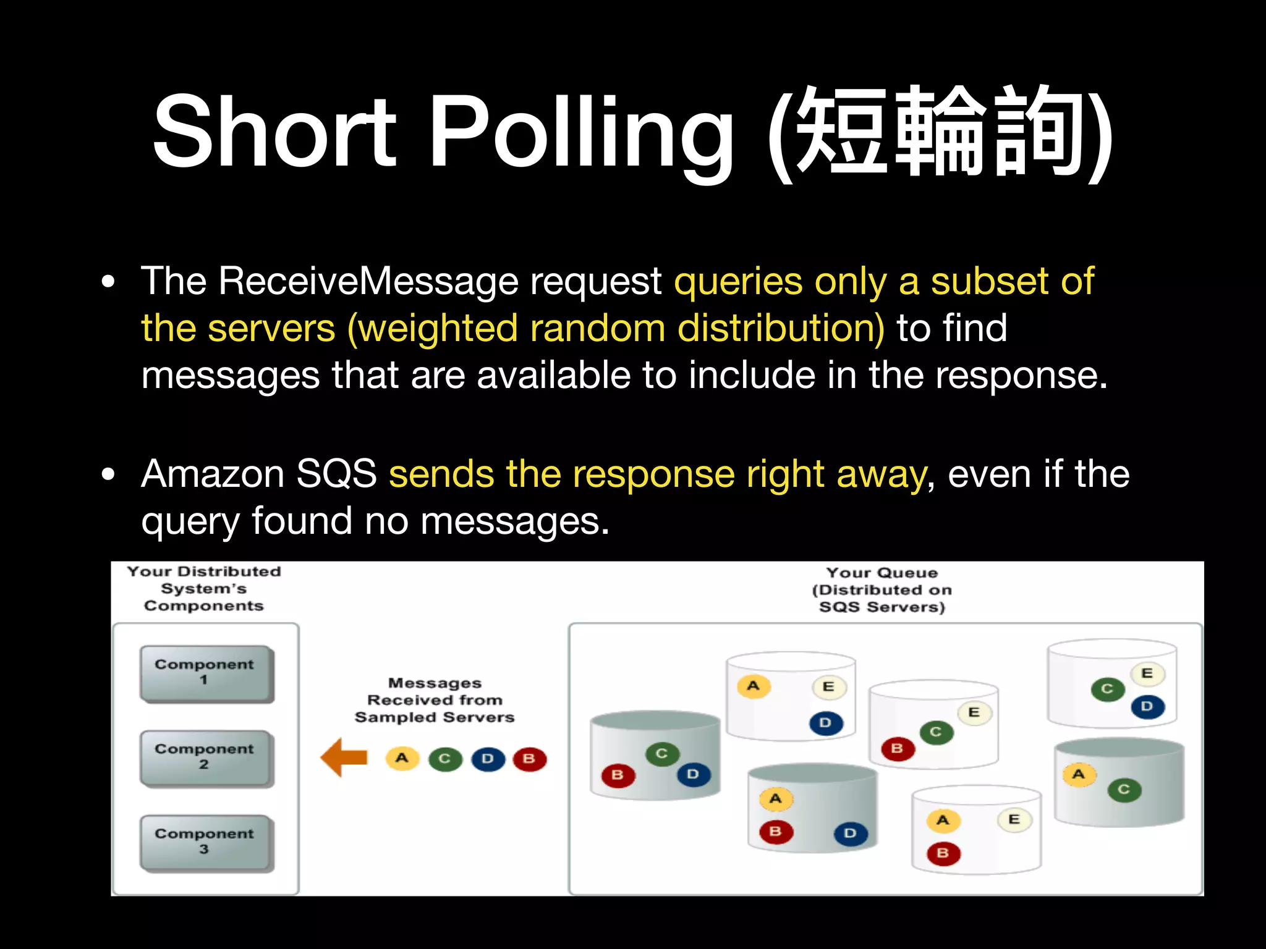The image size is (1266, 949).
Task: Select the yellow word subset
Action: [990, 282]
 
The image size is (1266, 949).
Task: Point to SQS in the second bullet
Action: [336, 474]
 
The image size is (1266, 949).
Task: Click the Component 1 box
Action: [205, 673]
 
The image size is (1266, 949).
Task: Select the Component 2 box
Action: [205, 757]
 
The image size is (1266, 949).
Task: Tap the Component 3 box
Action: [205, 842]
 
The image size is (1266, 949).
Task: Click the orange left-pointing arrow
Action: [344, 757]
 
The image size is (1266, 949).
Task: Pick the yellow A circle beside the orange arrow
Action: [402, 758]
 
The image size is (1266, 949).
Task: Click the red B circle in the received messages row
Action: [529, 759]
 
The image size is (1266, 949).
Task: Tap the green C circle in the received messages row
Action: [444, 759]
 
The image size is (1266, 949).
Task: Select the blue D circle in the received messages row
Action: [488, 759]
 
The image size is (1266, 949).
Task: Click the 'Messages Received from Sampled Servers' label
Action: [435, 700]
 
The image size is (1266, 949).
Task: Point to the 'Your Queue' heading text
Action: [882, 573]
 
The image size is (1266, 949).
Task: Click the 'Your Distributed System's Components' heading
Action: [204, 588]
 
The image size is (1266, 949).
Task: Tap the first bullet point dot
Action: [109, 282]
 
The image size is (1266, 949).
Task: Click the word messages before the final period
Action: [511, 521]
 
